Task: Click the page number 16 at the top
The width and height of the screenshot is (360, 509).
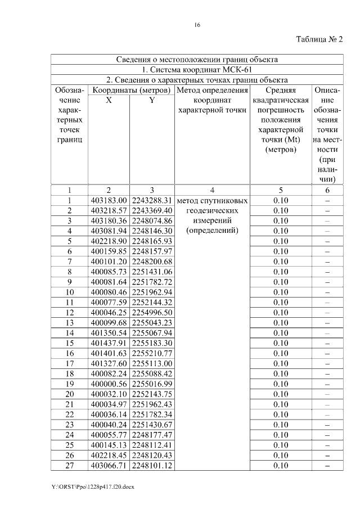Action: [x=197, y=25]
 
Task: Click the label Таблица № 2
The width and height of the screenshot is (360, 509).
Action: [x=319, y=39]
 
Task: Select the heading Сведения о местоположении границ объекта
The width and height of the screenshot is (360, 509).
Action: [x=197, y=60]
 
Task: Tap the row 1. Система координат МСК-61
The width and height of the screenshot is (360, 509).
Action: [x=197, y=70]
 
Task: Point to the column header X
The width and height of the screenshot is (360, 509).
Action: [x=109, y=100]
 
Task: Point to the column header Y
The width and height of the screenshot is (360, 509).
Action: [x=151, y=100]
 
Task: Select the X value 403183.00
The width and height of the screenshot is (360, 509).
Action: [x=109, y=200]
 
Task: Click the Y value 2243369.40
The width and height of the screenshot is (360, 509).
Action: [x=151, y=210]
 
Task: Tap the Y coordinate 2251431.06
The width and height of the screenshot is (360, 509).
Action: [x=151, y=271]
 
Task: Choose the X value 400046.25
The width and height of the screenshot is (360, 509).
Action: [x=109, y=312]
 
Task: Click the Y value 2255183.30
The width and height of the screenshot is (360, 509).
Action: [x=151, y=343]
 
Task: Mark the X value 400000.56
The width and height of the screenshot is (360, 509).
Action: [x=109, y=384]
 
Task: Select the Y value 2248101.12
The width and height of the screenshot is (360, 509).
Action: [x=151, y=465]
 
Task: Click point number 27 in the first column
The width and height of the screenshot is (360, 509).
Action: [x=70, y=465]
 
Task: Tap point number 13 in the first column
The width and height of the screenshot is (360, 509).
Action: [x=70, y=322]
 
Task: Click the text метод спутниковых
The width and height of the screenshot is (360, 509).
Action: [x=212, y=200]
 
